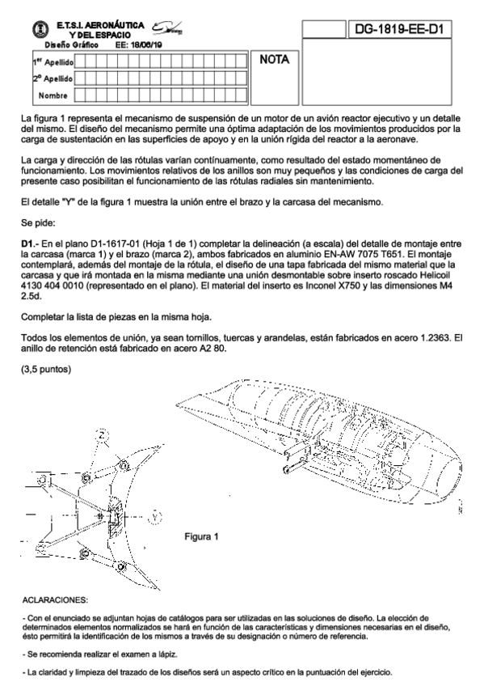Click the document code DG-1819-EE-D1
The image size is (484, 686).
[399, 29]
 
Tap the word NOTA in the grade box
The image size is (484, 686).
[275, 60]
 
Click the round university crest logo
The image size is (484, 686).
[41, 29]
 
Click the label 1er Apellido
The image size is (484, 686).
[53, 62]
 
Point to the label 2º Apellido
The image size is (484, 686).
[53, 78]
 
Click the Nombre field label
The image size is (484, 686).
[53, 95]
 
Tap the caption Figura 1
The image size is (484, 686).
[201, 537]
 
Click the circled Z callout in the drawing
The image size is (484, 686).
[102, 435]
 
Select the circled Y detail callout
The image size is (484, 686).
[154, 517]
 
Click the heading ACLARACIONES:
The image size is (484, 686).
[55, 599]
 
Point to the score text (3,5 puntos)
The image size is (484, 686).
[46, 369]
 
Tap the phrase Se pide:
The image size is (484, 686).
[38, 223]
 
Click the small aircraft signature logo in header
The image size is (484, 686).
[167, 28]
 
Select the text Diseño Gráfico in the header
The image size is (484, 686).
[71, 44]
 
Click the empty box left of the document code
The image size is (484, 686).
[324, 29]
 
